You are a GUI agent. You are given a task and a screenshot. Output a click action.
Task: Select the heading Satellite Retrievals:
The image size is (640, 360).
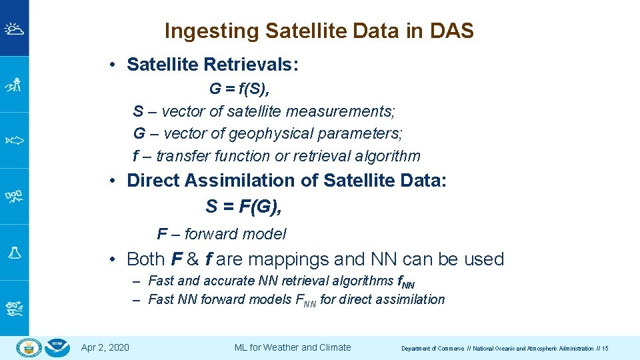coord(213,65)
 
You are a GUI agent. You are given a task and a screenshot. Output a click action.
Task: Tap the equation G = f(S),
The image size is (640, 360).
coord(239,89)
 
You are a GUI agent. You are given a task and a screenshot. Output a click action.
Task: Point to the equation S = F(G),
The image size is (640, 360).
coord(244,207)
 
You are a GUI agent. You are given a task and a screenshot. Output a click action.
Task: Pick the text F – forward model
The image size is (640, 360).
coord(221,234)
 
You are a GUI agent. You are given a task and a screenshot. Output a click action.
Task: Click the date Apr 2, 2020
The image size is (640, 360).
coord(105,347)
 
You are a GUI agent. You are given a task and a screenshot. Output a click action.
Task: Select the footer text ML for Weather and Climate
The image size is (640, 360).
coord(293,347)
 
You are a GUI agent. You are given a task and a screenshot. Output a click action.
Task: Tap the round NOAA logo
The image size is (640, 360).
coord(59,347)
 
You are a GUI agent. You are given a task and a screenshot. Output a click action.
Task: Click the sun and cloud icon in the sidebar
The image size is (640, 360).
coord(14,29)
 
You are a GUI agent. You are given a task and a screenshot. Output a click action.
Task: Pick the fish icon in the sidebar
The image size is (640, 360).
coord(14,140)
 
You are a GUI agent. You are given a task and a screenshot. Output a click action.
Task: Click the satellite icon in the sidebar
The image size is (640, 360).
coord(14,196)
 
